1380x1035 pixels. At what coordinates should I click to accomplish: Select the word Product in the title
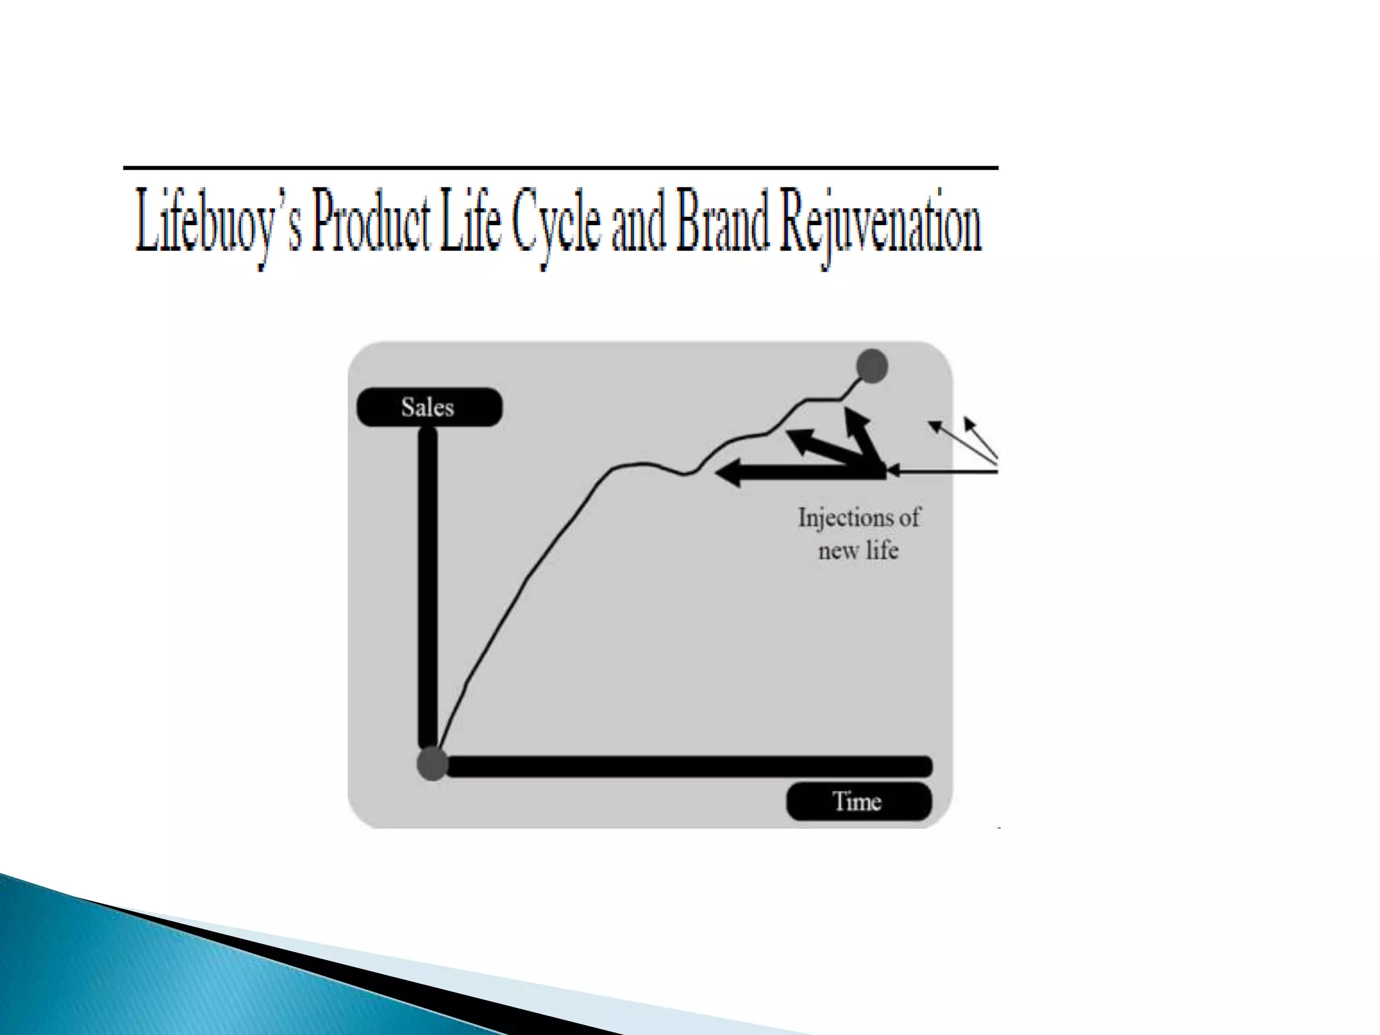click(x=371, y=221)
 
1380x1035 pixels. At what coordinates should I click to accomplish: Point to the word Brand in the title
click(x=722, y=221)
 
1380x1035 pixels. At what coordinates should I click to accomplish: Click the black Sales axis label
click(x=429, y=407)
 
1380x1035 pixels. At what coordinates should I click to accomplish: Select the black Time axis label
click(x=858, y=801)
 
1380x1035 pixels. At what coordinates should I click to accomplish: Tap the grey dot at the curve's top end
click(x=872, y=366)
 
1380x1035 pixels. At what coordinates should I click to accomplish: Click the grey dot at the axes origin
click(x=432, y=764)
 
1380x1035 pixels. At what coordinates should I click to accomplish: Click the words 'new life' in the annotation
click(x=858, y=551)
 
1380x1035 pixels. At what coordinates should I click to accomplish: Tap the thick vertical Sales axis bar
click(x=428, y=586)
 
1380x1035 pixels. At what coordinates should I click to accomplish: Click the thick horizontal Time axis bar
click(x=687, y=766)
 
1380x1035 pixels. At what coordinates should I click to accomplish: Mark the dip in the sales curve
click(x=686, y=474)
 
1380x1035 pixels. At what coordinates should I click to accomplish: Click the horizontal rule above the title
click(x=559, y=167)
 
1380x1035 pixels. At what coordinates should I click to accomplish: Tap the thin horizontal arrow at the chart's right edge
click(x=943, y=472)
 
